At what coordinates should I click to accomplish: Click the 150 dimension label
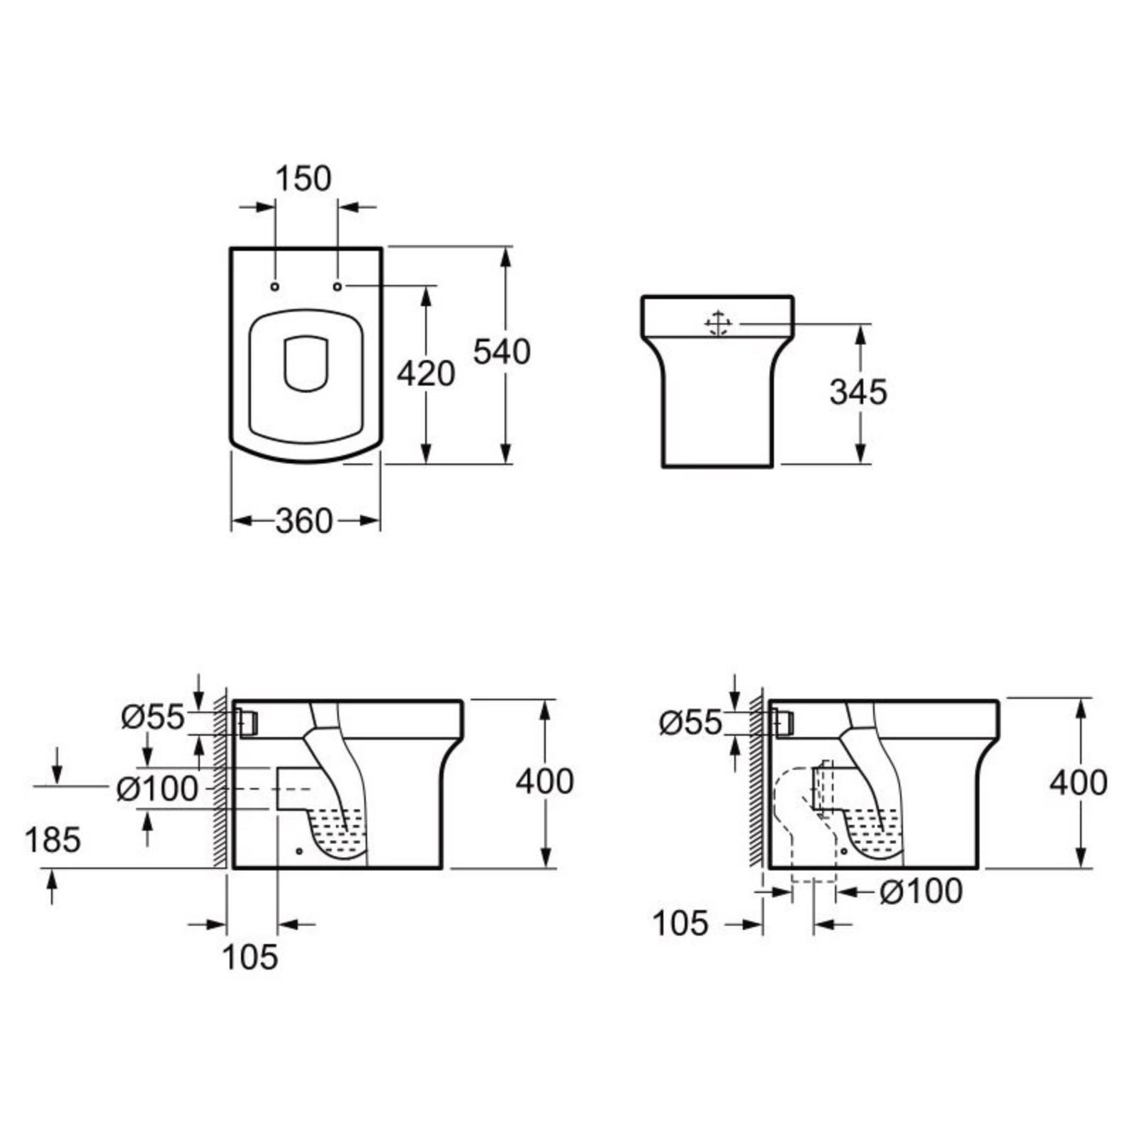tap(303, 179)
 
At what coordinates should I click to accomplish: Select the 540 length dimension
tap(502, 352)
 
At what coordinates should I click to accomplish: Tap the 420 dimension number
tap(425, 374)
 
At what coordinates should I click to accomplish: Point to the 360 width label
tap(304, 521)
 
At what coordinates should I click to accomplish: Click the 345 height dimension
tap(858, 393)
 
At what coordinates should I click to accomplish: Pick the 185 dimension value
tap(52, 841)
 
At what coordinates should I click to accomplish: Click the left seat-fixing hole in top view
tap(275, 286)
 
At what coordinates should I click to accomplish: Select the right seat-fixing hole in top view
tap(337, 286)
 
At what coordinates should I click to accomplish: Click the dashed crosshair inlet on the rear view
tap(717, 324)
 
